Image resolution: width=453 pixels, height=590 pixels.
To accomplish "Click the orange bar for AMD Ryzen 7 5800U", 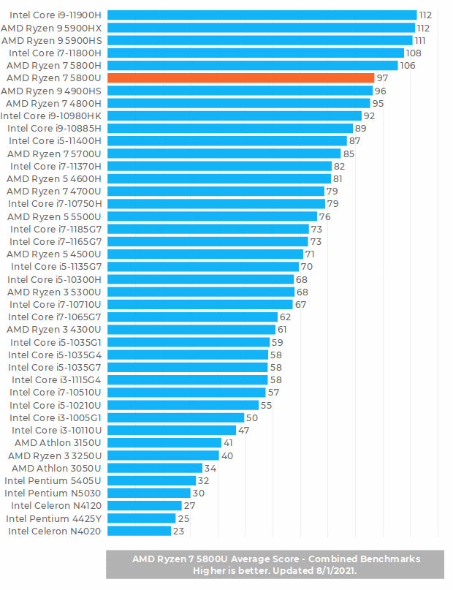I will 241,78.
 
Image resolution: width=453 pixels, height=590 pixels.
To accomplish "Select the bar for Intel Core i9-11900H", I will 262,15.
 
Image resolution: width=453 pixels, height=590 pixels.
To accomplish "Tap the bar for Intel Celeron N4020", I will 139,532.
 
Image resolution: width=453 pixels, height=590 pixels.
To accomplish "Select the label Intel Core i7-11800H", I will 56,53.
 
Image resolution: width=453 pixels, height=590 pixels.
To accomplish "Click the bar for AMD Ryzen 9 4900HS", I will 240,91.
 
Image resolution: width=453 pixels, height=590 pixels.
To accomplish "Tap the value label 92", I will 369,116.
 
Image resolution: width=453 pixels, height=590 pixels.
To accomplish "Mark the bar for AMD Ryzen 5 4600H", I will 218,178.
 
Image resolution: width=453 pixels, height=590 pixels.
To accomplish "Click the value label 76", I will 325,216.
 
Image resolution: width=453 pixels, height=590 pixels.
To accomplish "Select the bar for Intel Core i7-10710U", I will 199,304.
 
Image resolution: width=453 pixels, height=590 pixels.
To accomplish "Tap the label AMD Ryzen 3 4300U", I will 54,330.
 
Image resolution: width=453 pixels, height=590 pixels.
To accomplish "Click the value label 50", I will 252,417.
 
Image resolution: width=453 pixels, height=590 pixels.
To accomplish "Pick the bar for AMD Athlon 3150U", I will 164,443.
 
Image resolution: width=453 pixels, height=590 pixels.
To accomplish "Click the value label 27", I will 189,506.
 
